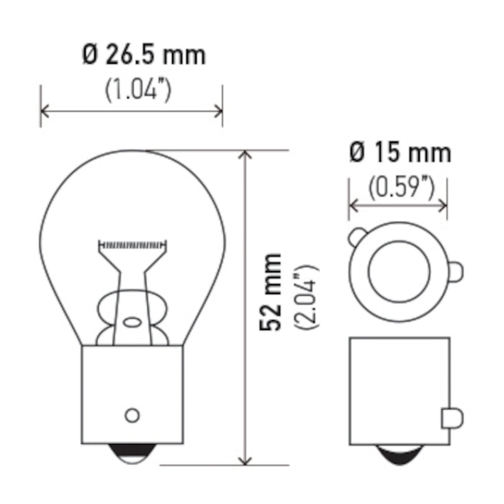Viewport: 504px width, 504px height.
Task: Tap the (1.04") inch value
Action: [x=137, y=90]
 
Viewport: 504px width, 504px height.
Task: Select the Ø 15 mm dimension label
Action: [x=399, y=153]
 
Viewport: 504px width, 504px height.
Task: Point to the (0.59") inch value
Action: [x=401, y=186]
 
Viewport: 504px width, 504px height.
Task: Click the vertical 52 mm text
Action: [x=273, y=291]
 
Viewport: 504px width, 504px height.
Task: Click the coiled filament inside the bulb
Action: [x=133, y=243]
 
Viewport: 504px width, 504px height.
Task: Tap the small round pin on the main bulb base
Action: [x=132, y=415]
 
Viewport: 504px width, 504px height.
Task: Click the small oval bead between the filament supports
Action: [x=132, y=322]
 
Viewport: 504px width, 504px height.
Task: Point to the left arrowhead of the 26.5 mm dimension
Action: [x=44, y=112]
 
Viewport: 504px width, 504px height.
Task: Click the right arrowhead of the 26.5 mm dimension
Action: [x=219, y=112]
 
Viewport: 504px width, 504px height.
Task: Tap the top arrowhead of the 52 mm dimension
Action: [x=246, y=155]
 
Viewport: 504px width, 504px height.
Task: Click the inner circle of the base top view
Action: [x=399, y=270]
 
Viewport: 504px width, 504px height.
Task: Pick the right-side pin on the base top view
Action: [x=457, y=271]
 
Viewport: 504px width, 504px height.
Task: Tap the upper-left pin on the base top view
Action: [x=357, y=237]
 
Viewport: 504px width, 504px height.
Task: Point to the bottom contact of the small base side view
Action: [x=399, y=454]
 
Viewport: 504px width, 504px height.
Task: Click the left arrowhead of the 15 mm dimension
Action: [x=353, y=205]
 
